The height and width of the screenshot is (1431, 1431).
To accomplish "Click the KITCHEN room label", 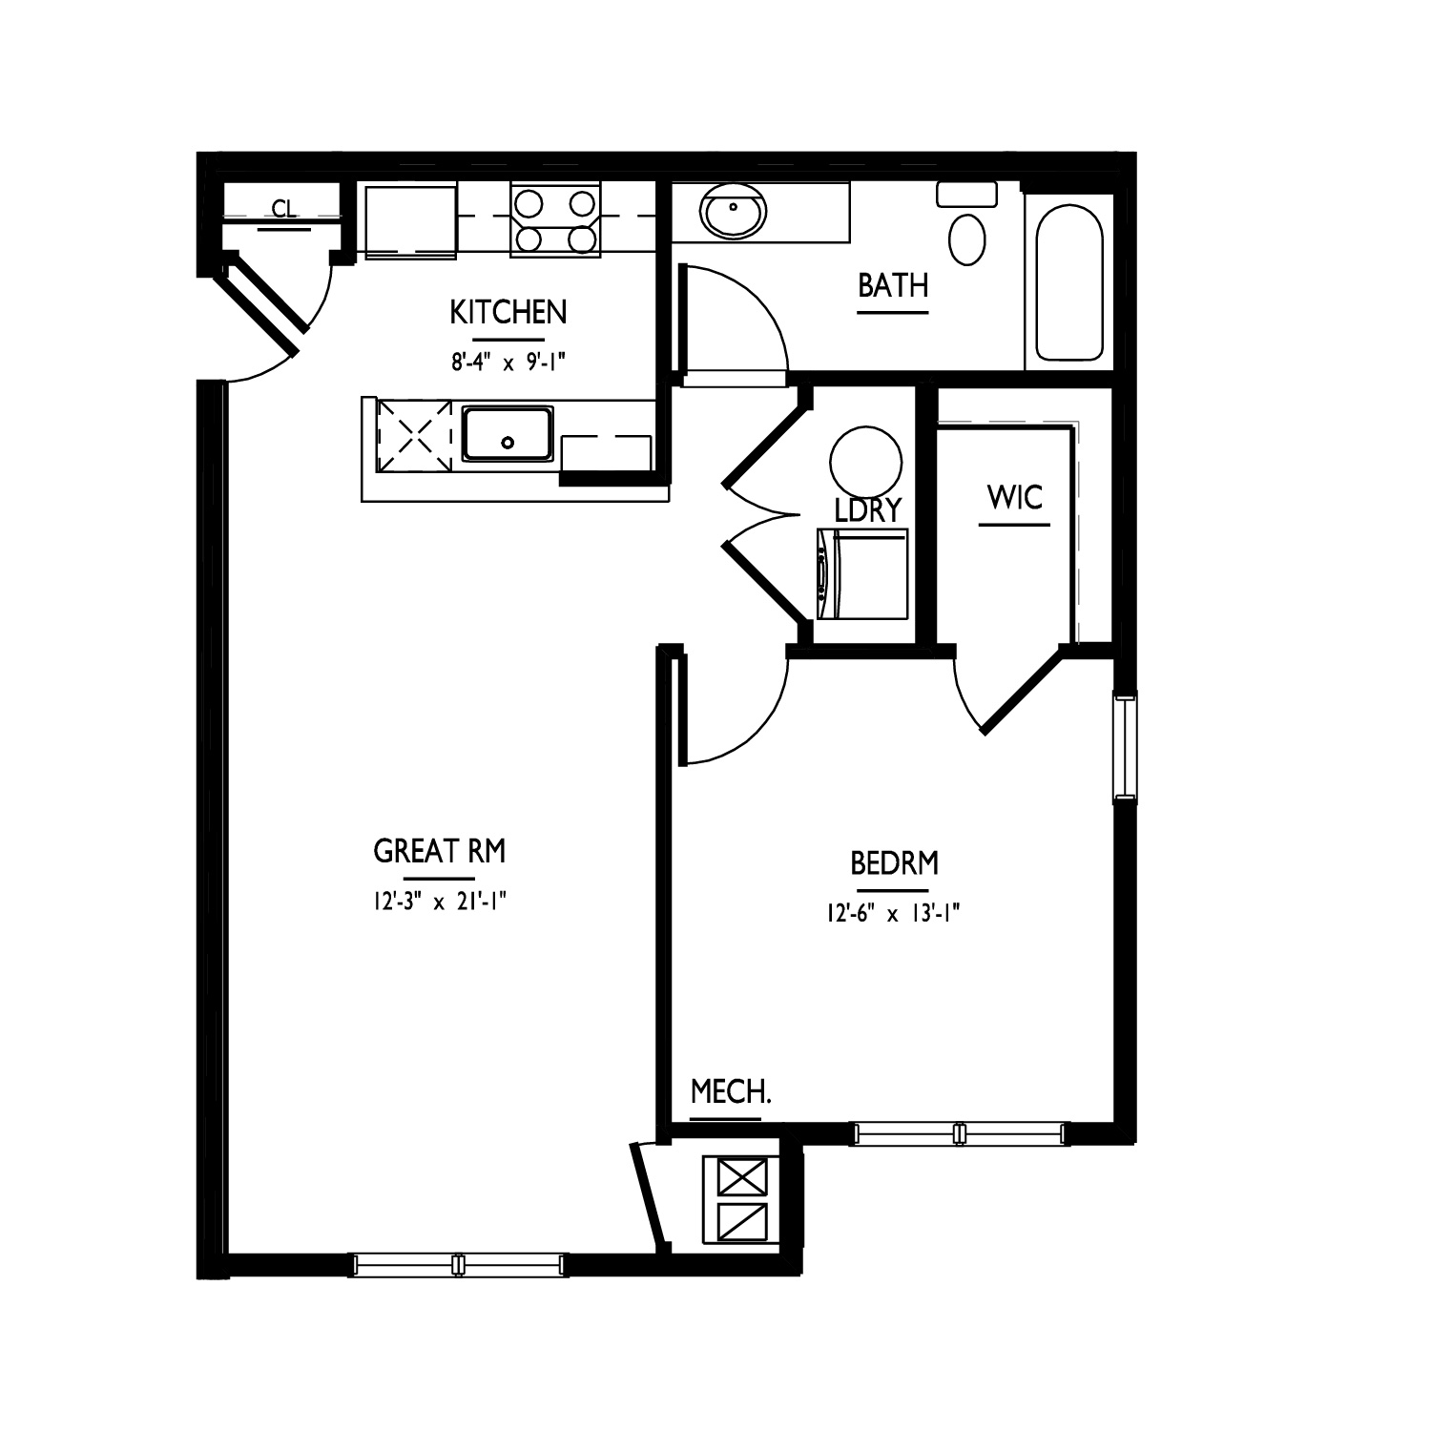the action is point(508,312).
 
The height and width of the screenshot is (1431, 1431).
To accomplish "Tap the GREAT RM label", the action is point(439,851).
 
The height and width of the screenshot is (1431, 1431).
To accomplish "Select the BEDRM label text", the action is point(894,863).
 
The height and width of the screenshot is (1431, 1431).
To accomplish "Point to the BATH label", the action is point(893,285).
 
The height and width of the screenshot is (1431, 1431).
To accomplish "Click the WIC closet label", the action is point(1015,497).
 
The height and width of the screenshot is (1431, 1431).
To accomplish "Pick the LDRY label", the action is point(867,510).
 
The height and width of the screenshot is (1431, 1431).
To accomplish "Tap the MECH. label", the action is point(731,1091).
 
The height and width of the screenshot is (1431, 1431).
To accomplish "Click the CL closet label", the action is point(283,209).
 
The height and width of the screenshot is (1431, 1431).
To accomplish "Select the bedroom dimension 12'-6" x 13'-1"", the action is point(893,914).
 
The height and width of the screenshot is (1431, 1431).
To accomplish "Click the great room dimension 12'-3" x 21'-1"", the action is point(439,902).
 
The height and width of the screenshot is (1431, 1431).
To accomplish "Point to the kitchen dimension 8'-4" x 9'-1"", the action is point(508,362).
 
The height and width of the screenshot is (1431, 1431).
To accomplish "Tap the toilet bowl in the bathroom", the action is point(968,238).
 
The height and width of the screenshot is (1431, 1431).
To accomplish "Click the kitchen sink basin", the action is point(508,434).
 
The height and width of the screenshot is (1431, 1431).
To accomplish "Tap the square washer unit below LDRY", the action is point(862,573).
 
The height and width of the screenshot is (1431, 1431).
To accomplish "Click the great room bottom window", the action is point(459,1265).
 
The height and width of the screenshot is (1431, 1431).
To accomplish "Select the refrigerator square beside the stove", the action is point(410,220).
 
